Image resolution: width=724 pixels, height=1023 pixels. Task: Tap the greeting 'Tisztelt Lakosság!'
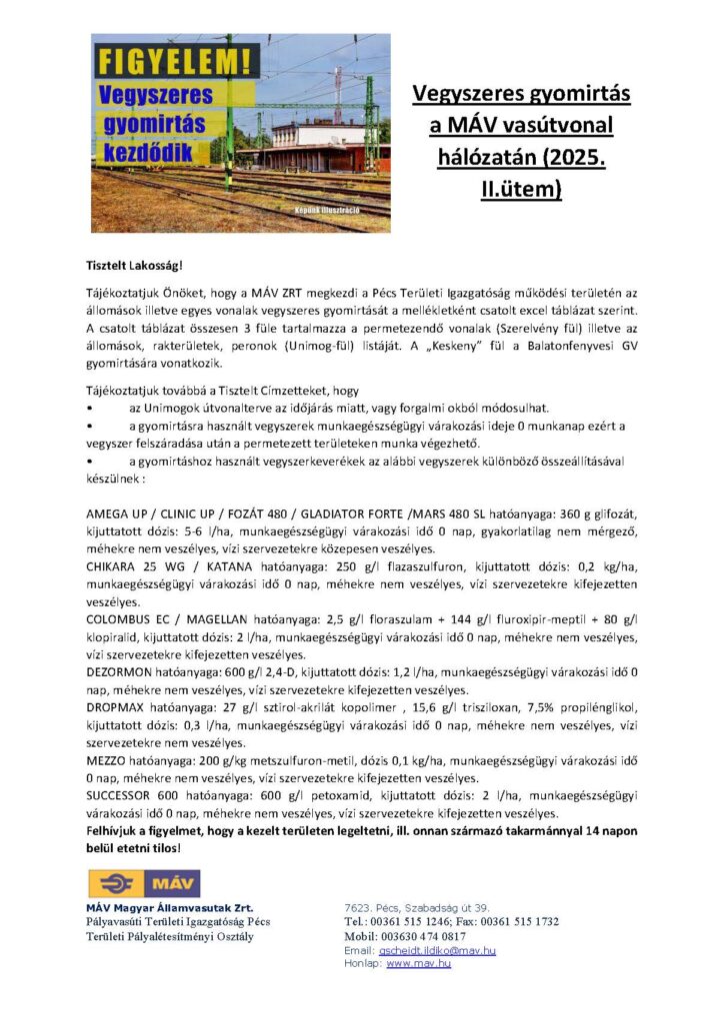pos(133,267)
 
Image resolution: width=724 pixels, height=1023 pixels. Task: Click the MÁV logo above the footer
pos(144,883)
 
